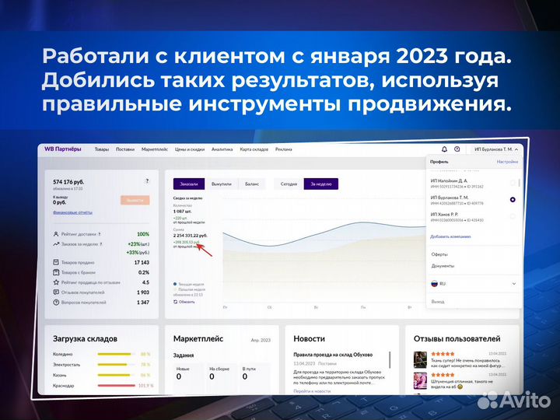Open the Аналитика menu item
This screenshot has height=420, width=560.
pyautogui.click(x=222, y=149)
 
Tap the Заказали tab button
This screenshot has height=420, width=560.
pyautogui.click(x=189, y=184)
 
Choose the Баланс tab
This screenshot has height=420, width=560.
pyautogui.click(x=252, y=184)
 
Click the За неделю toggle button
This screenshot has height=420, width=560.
pyautogui.click(x=320, y=184)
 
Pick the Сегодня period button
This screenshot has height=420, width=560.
pyautogui.click(x=289, y=184)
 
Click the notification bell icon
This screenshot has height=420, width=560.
pyautogui.click(x=444, y=149)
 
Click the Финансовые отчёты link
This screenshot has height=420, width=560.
pyautogui.click(x=72, y=212)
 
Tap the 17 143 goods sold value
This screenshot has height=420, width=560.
pyautogui.click(x=142, y=262)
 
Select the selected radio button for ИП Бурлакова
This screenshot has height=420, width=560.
pyautogui.click(x=513, y=200)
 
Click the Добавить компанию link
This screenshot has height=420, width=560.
pyautogui.click(x=451, y=235)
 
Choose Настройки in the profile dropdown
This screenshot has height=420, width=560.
pyautogui.click(x=507, y=162)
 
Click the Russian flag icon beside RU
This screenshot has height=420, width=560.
pyautogui.click(x=435, y=284)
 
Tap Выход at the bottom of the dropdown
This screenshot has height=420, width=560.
pyautogui.click(x=438, y=301)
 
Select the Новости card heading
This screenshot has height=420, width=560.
pyautogui.click(x=309, y=339)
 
